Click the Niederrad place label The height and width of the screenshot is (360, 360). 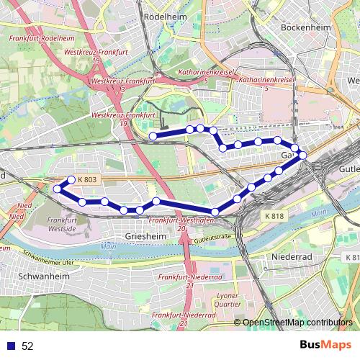[290, 256]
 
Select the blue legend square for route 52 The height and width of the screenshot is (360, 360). [11, 346]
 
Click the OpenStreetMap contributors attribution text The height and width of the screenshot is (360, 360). [297, 322]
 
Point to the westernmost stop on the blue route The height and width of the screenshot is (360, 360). [58, 189]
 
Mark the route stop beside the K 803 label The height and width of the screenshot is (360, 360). [71, 180]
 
